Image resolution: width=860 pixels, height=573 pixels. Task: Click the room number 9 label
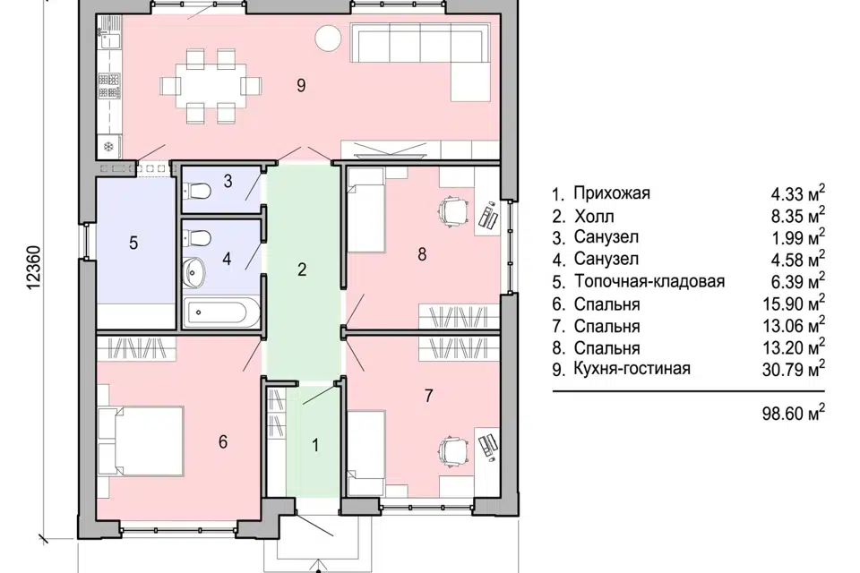pos(301,85)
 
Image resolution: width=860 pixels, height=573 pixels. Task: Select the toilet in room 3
pos(198,190)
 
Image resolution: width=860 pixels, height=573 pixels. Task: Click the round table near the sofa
pos(327,38)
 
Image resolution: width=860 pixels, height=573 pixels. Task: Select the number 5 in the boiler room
pos(133,243)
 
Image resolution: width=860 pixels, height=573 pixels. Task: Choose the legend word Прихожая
pos(613,193)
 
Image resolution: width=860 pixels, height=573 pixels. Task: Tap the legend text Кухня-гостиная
pos(633,368)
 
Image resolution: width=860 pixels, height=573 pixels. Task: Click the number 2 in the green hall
pos(302,269)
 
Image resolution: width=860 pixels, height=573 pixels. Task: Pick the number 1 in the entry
pos(314,442)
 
